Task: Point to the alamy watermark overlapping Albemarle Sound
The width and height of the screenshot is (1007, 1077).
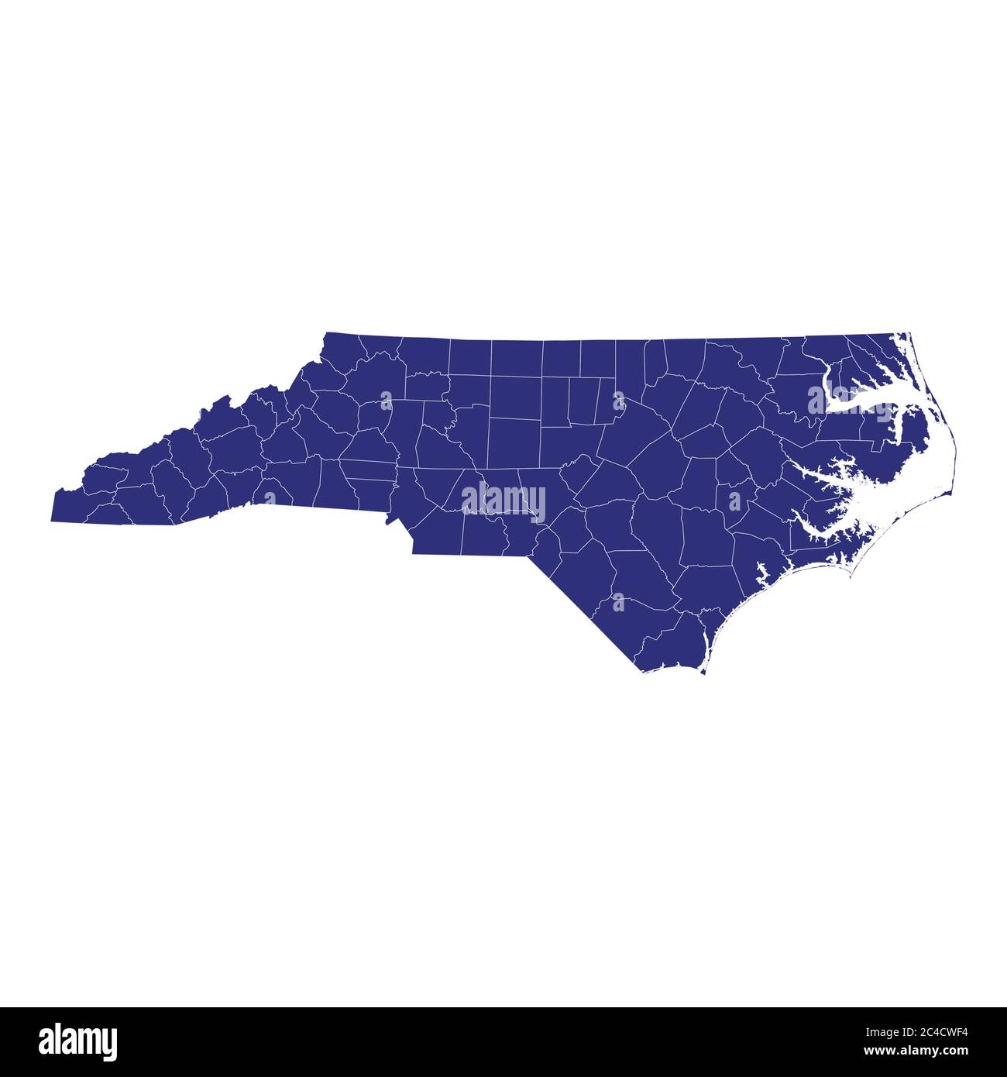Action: [x=851, y=401]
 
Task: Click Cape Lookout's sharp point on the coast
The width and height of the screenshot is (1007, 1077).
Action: [x=851, y=577]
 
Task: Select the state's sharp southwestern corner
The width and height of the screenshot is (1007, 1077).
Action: [x=52, y=521]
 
